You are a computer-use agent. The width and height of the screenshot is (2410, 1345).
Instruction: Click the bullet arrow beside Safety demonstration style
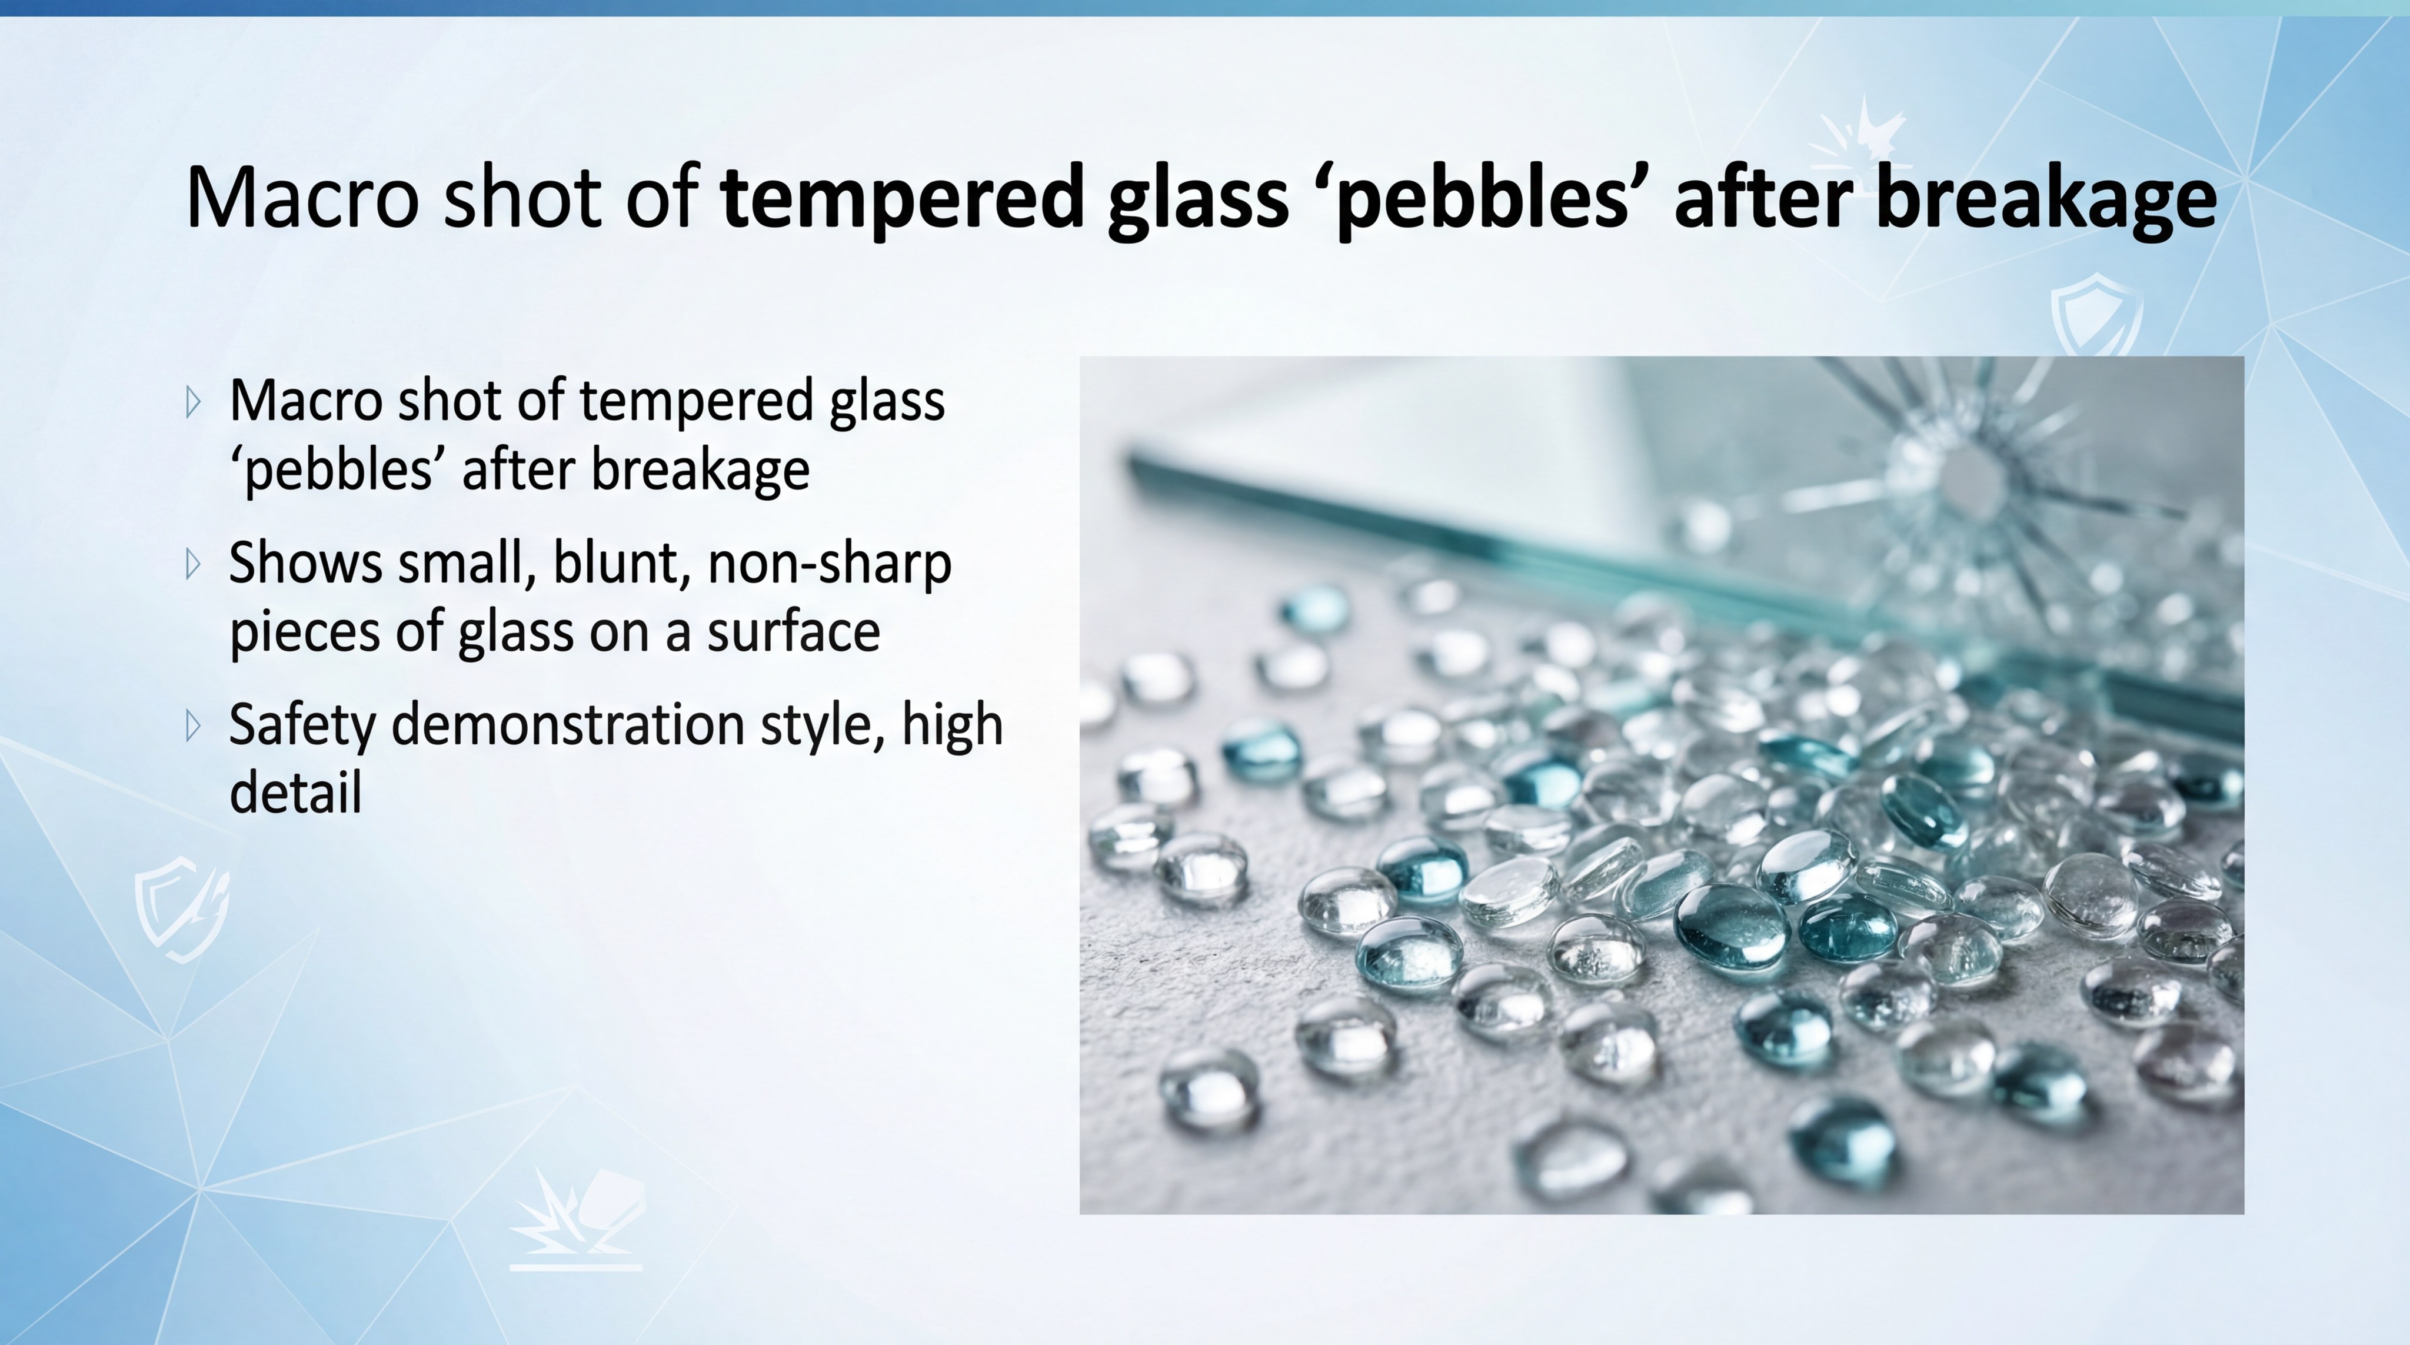click(194, 726)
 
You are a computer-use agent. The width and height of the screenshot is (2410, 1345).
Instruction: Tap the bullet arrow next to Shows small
click(194, 564)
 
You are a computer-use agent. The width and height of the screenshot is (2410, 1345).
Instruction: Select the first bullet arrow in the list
click(194, 402)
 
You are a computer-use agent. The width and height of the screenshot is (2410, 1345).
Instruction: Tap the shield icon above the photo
click(2096, 314)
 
